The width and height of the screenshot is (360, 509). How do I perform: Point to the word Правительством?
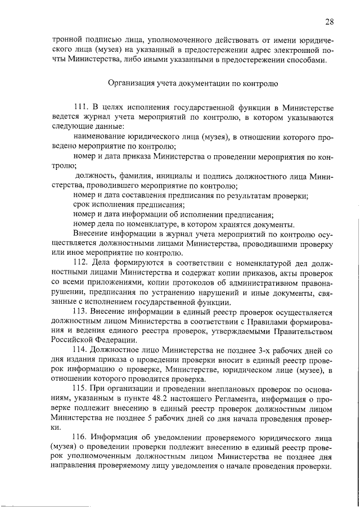pos(300,330)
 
